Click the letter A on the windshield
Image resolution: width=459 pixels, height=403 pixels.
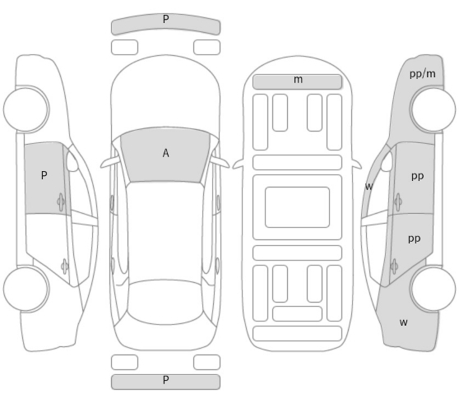click(x=165, y=153)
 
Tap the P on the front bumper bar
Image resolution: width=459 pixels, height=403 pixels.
click(x=165, y=19)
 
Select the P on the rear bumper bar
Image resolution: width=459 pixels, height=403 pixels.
click(x=165, y=380)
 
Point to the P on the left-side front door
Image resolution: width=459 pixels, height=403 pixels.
click(x=44, y=175)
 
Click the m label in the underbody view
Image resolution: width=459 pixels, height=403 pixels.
click(x=298, y=80)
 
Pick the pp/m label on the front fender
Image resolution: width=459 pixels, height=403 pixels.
click(x=423, y=74)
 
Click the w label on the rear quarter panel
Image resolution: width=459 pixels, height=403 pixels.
click(x=403, y=322)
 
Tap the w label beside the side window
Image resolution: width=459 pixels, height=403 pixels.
click(x=369, y=186)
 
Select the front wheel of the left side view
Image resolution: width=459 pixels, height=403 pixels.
click(x=26, y=109)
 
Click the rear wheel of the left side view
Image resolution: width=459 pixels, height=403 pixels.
click(x=26, y=289)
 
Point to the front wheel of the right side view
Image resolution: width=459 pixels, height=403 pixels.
click(x=433, y=109)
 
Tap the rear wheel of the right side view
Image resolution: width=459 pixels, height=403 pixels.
click(x=433, y=289)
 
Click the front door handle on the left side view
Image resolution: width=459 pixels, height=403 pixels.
click(x=61, y=202)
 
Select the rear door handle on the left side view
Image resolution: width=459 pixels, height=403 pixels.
click(x=65, y=266)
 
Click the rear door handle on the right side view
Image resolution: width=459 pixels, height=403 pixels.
click(x=394, y=266)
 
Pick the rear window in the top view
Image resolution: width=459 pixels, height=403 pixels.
click(x=165, y=302)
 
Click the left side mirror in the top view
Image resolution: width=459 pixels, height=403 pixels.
click(x=109, y=162)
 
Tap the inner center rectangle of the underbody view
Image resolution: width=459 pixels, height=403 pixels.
click(x=297, y=207)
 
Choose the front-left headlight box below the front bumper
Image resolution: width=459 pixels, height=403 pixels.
click(x=124, y=48)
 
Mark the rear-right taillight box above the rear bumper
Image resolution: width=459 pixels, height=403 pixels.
click(x=206, y=363)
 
